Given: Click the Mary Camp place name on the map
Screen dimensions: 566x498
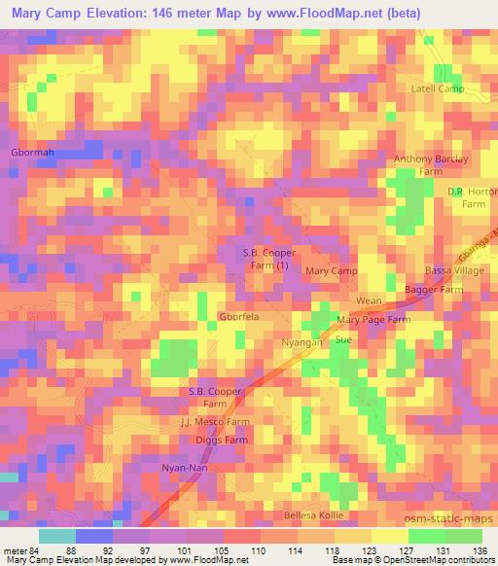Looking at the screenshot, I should (x=332, y=270).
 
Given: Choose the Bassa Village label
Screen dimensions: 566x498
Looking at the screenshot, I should (x=453, y=270).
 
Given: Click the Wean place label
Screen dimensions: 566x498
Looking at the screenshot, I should (x=369, y=301).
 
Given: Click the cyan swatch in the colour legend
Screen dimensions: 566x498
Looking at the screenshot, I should (x=57, y=536).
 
